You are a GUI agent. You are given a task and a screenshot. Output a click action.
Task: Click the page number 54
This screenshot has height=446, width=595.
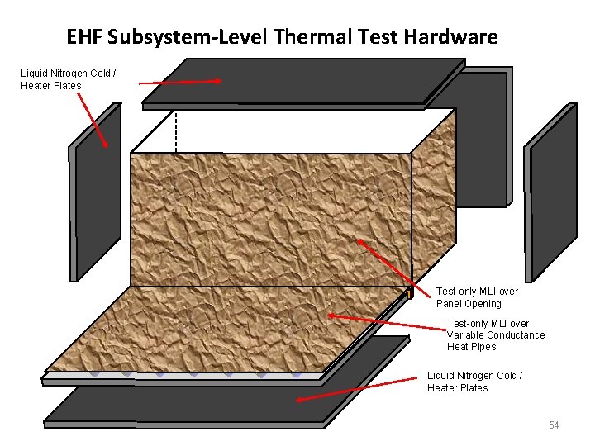coord(554,425)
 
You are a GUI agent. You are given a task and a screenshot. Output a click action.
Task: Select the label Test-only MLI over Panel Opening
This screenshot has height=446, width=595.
coord(477,297)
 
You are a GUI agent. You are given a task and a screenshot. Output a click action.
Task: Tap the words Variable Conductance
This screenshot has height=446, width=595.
coord(496,335)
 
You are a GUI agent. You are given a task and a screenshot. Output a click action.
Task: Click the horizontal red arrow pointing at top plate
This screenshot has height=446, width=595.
coord(180,82)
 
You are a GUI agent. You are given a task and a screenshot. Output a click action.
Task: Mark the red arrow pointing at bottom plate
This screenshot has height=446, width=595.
coord(356,390)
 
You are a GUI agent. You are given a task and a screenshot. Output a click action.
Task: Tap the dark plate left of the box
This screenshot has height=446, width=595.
coord(95,194)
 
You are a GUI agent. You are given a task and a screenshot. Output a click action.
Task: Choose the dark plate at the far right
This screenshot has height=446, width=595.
coord(552,194)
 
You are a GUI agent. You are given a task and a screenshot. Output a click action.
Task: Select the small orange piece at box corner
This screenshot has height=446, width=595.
coord(408,292)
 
